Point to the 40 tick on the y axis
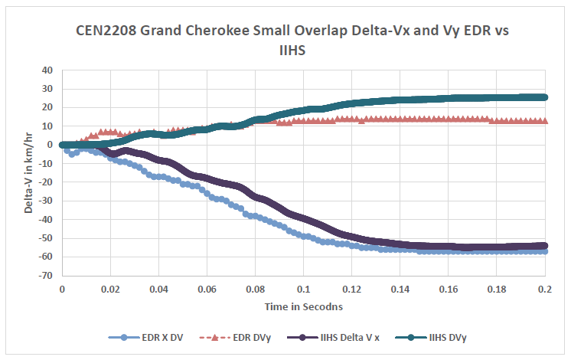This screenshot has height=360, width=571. [x=47, y=70]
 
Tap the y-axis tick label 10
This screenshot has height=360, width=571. [x=47, y=126]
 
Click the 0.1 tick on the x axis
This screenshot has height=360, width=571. [x=303, y=291]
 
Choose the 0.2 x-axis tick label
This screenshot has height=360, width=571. [x=544, y=291]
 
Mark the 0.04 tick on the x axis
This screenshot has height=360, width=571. [x=158, y=291]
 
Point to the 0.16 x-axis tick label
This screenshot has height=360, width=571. [x=448, y=291]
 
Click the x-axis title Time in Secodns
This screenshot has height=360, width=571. [x=303, y=306]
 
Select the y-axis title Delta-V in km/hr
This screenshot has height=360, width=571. [x=28, y=172]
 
